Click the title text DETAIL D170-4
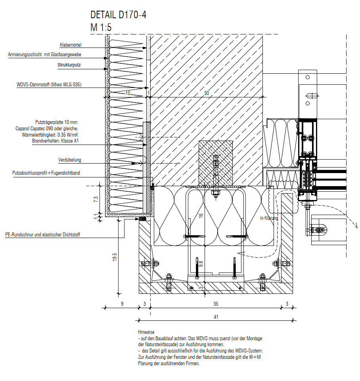coord(118,15)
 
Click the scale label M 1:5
coord(101,27)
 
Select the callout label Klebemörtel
coord(71,45)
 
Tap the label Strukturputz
coord(69,65)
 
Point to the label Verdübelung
coord(69,160)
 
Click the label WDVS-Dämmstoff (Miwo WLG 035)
coord(49,85)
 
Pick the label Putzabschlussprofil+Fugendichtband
coord(46,173)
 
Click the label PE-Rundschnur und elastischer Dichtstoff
coord(42,235)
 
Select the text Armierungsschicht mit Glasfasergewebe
coord(44,55)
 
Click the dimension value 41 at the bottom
coord(216,317)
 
